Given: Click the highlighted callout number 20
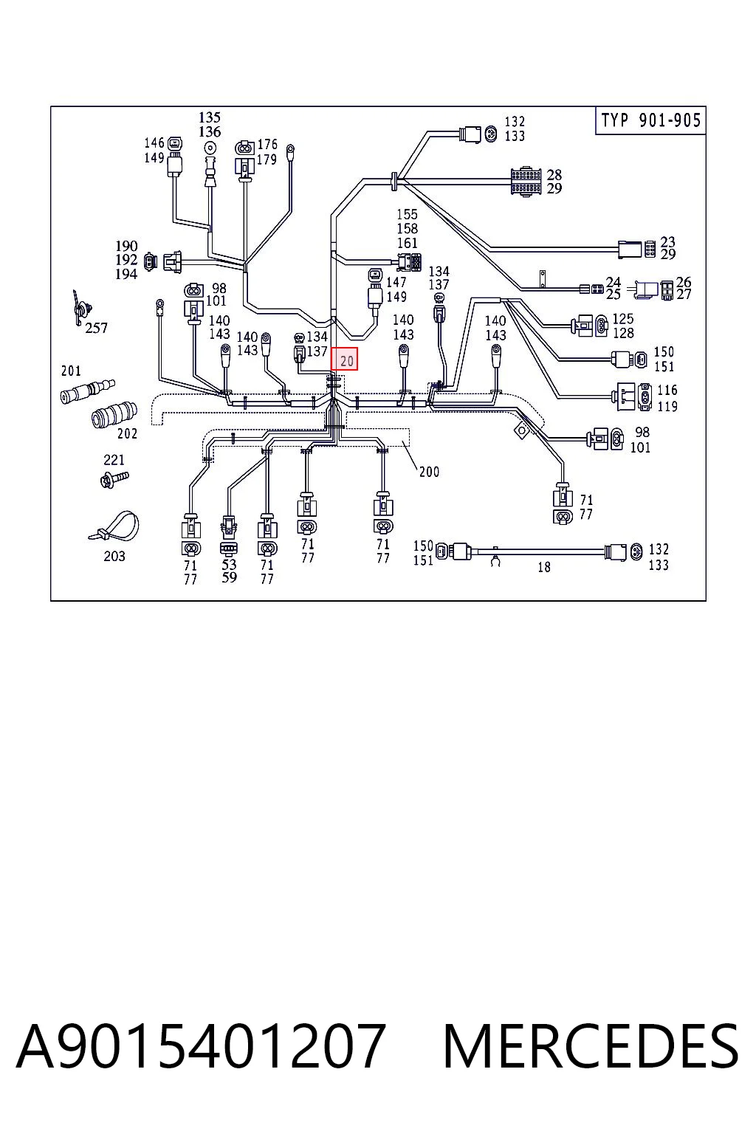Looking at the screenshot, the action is pos(344,359).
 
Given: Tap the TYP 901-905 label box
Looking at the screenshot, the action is pos(650,120).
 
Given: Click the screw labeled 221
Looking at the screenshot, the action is pos(114,478).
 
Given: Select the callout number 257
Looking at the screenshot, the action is pos(96,328).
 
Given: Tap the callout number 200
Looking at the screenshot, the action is pos(429,472).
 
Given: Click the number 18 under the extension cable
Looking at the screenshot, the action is pos(544,567).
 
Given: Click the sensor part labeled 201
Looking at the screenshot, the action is pos(87,391).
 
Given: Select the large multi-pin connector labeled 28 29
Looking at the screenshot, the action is pos(526,181).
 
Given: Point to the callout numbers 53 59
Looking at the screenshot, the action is pos(229,571).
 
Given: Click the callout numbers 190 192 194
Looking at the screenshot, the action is pos(126,260).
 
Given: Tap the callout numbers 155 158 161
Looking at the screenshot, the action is pos(407,228).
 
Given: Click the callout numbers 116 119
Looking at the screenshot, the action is pos(667,398).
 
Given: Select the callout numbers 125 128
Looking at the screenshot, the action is pos(623,326).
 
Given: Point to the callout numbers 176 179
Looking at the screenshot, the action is pos(267,152).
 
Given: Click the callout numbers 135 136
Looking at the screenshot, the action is pos(210,125).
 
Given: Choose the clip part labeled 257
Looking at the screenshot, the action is pos(80,307).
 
